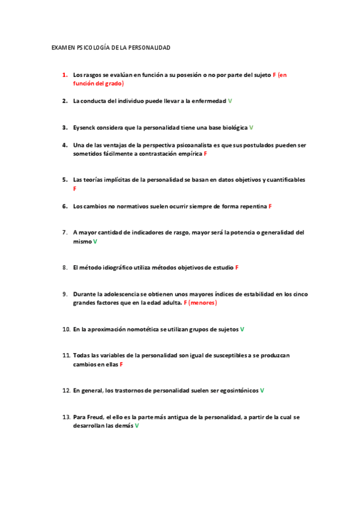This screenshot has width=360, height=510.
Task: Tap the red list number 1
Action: (x=64, y=75)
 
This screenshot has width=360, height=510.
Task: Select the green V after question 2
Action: (x=230, y=101)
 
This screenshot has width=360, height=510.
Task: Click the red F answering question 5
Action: (x=75, y=189)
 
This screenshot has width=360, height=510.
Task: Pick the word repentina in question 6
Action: (x=252, y=206)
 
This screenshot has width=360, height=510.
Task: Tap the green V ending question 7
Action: (x=95, y=241)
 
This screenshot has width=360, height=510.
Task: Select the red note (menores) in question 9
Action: (x=203, y=303)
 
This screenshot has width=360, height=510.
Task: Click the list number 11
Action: (x=66, y=355)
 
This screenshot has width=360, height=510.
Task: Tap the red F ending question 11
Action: (x=121, y=364)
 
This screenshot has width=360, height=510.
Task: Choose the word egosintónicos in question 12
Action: (x=231, y=390)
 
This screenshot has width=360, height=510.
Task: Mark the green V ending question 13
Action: (x=137, y=426)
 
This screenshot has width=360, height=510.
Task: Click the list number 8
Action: (x=64, y=267)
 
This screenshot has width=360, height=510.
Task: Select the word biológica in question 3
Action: (x=231, y=127)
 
